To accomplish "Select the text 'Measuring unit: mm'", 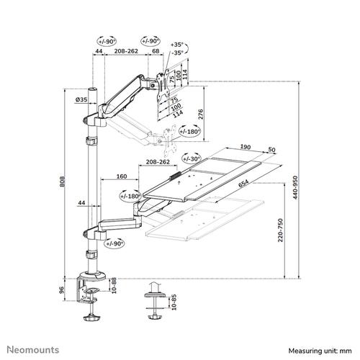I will pos(321,350).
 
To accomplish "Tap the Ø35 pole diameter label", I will pos(80,100).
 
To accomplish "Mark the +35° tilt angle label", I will pos(177,45).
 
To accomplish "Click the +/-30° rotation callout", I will pos(190,158).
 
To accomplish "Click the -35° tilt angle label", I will pos(177,53).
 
